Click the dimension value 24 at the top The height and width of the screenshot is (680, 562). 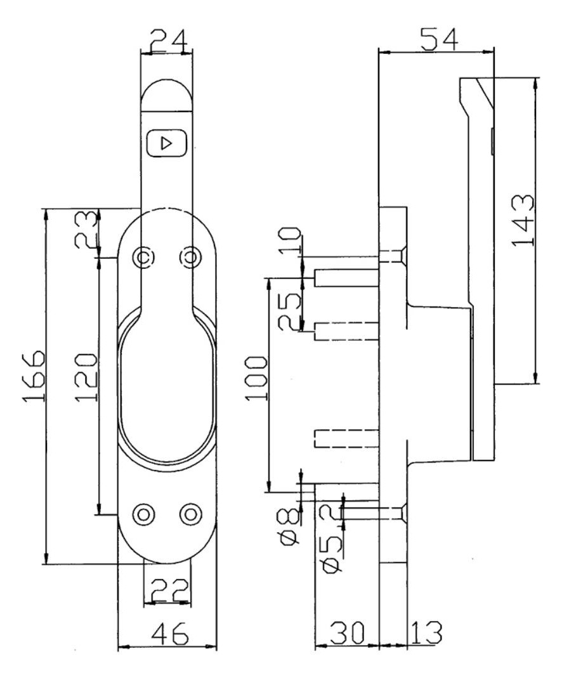tap(169, 41)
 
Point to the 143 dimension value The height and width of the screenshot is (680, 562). tap(523, 221)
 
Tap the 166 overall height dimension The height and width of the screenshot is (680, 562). tap(34, 376)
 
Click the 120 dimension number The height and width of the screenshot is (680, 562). tap(85, 377)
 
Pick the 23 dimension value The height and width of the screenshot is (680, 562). tap(85, 230)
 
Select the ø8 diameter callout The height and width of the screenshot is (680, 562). tap(289, 526)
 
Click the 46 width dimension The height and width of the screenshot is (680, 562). tap(169, 634)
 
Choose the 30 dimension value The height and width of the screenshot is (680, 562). tap(347, 632)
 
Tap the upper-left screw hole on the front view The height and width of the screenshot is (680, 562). tap(143, 257)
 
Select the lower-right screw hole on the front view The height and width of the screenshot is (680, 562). tap(190, 514)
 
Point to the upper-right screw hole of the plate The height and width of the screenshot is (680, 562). tap(190, 257)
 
